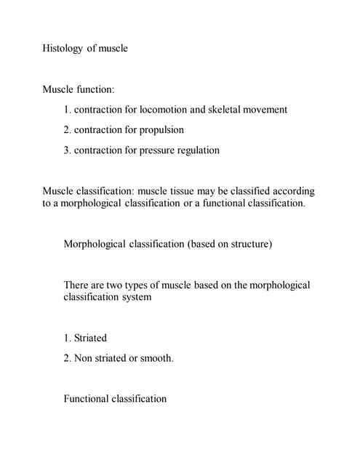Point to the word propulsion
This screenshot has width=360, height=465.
(160, 130)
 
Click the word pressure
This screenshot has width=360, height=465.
(159, 150)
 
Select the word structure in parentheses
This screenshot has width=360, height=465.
(249, 244)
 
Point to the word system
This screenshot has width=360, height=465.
(135, 297)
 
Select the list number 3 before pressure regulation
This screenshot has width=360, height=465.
(66, 150)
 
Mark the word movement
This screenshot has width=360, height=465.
(265, 110)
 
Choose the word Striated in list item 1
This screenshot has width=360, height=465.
(90, 338)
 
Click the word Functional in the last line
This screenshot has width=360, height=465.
(87, 399)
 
